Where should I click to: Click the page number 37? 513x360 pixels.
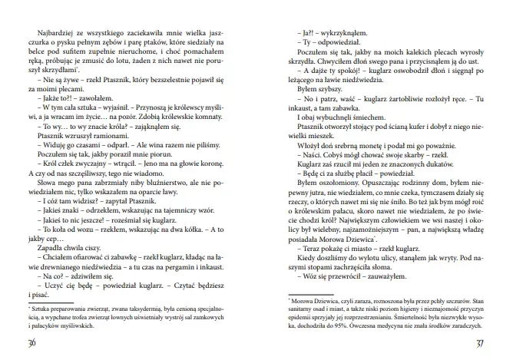click(480, 342)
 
